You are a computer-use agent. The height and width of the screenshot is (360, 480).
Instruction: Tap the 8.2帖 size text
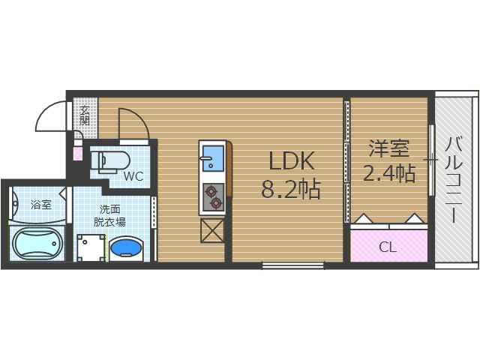[291, 190]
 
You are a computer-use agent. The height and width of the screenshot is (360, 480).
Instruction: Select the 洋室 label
[387, 148]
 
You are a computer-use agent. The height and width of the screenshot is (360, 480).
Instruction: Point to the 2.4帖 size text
[388, 174]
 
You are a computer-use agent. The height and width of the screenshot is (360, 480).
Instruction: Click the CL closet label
[388, 247]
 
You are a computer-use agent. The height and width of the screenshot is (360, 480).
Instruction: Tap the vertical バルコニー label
[455, 178]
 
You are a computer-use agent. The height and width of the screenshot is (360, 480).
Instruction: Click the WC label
[133, 177]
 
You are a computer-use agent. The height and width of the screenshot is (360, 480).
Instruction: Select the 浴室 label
[40, 204]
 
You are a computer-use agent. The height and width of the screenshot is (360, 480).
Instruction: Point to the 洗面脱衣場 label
[109, 216]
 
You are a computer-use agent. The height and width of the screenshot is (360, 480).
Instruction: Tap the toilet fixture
[110, 159]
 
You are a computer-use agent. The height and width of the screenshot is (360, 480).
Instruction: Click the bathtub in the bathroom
[37, 244]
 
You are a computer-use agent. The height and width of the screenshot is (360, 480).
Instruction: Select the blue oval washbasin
[126, 246]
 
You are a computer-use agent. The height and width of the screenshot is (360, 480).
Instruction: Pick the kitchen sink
[212, 157]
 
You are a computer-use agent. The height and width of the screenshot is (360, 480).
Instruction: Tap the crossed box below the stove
[212, 231]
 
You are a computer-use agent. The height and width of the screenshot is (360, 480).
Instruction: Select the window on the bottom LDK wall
[292, 265]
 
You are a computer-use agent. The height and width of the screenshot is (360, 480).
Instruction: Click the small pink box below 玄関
[78, 154]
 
